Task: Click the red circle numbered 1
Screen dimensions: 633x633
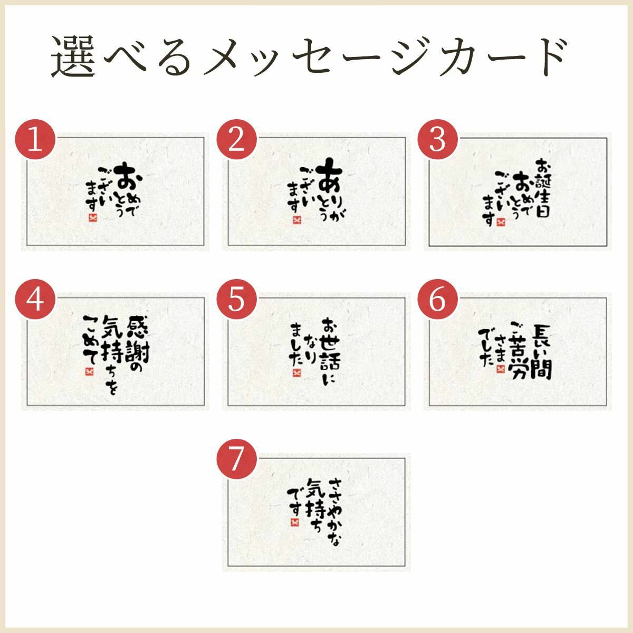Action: (35, 139)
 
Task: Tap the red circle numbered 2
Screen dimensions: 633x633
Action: (236, 139)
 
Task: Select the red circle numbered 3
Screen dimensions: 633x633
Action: (437, 139)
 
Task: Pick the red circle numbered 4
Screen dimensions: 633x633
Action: (35, 299)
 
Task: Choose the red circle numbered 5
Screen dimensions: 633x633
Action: (236, 299)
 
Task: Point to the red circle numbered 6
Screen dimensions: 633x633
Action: (437, 299)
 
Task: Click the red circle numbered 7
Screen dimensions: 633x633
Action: (236, 459)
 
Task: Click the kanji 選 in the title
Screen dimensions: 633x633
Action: (73, 56)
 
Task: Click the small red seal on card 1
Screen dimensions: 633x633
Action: (93, 218)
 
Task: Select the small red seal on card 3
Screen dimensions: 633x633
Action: (501, 223)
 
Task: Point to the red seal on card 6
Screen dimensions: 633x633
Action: (500, 369)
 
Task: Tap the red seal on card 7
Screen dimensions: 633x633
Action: (295, 522)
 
